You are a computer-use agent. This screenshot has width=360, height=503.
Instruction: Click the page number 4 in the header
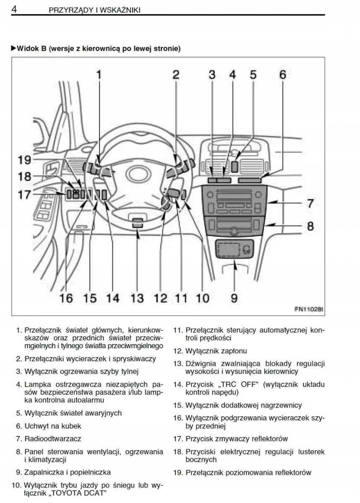pyautogui.click(x=13, y=9)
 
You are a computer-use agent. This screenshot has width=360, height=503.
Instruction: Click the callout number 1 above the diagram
pyautogui.click(x=99, y=75)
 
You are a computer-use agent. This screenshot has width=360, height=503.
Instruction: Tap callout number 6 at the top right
pyautogui.click(x=282, y=75)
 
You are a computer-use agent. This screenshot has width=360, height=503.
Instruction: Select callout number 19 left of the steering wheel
pyautogui.click(x=25, y=160)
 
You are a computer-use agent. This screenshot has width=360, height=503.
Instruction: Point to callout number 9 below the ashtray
pyautogui.click(x=234, y=298)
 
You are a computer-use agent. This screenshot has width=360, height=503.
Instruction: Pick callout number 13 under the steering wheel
pyautogui.click(x=137, y=298)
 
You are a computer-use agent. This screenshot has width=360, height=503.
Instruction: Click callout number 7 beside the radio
pyautogui.click(x=310, y=204)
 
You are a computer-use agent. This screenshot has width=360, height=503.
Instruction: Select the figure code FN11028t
pyautogui.click(x=310, y=310)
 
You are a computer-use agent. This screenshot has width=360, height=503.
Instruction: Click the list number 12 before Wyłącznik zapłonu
pyautogui.click(x=177, y=351)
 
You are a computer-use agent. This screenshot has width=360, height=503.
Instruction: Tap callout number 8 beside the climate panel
pyautogui.click(x=310, y=226)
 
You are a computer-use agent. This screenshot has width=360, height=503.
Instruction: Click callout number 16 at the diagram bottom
pyautogui.click(x=66, y=298)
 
